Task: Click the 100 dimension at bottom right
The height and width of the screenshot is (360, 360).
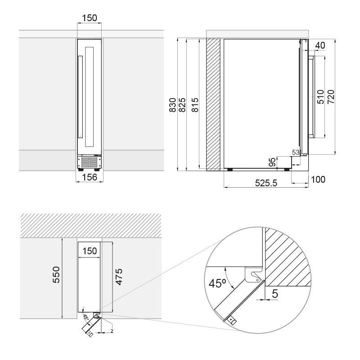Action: click(318, 180)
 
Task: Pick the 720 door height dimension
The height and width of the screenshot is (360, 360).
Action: click(331, 97)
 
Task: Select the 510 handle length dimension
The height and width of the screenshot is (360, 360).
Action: click(320, 97)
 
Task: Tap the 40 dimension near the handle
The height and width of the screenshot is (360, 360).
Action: click(320, 45)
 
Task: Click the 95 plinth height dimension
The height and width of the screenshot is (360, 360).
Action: click(272, 162)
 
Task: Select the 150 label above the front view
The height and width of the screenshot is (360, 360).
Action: click(89, 18)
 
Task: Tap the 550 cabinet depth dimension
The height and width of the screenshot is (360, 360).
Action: click(56, 274)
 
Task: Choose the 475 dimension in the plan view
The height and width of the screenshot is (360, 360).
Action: click(119, 276)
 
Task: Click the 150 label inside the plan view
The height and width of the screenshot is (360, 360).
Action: click(90, 251)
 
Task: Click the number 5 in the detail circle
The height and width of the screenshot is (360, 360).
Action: click(274, 294)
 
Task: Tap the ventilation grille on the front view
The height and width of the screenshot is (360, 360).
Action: click(90, 162)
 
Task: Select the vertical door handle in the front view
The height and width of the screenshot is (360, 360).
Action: click(80, 96)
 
